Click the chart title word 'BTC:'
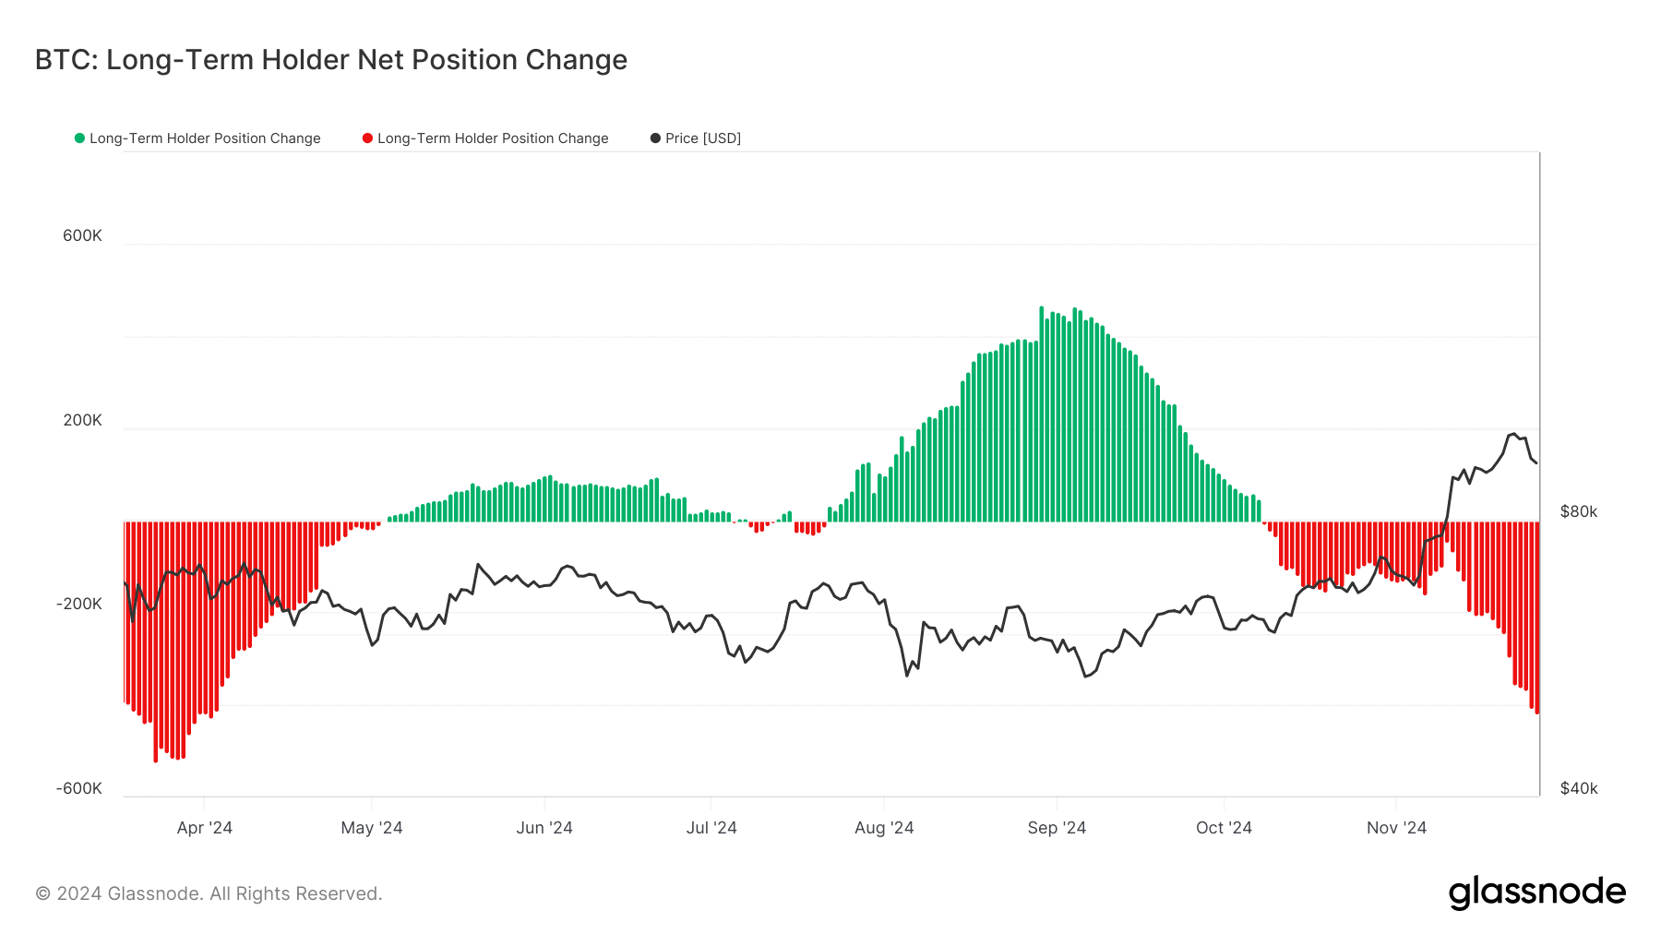(x=66, y=60)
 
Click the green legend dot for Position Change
(x=80, y=138)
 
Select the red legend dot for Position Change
(x=367, y=138)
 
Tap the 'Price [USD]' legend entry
(x=702, y=138)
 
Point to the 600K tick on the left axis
(x=82, y=235)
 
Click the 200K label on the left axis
(x=82, y=420)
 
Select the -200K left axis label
(x=79, y=604)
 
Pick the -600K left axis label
(x=79, y=788)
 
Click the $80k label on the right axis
(x=1578, y=511)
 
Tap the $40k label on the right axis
(x=1578, y=788)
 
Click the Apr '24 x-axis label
(x=204, y=828)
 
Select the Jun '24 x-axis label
(x=544, y=828)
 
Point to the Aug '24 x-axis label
(x=884, y=828)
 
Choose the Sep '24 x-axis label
(x=1057, y=828)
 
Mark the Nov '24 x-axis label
(x=1396, y=828)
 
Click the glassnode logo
(x=1536, y=893)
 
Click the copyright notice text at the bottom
(x=209, y=893)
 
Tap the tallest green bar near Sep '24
(x=1041, y=415)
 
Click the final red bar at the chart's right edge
(x=1536, y=618)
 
